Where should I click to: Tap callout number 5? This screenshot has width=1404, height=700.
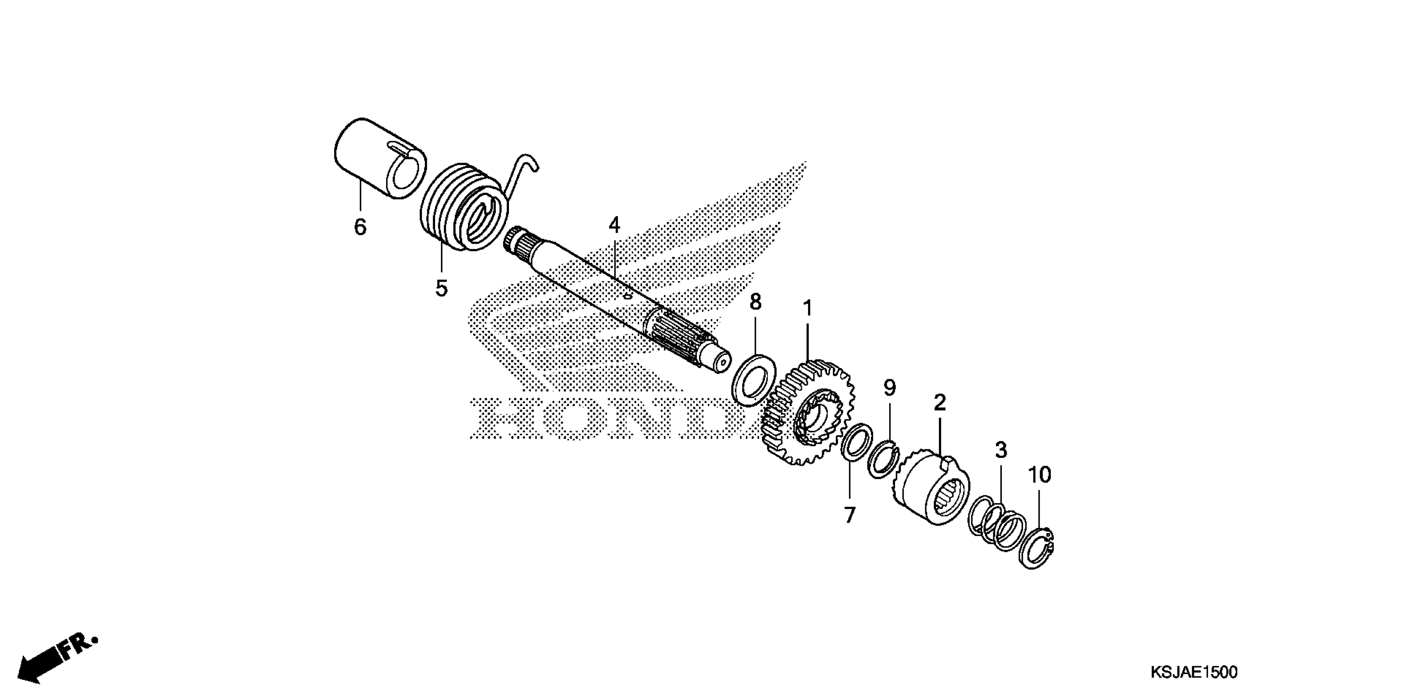[441, 288]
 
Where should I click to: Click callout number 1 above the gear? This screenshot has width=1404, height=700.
[807, 308]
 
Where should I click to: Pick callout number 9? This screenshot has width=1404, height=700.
[889, 388]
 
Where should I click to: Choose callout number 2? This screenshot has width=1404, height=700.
[940, 403]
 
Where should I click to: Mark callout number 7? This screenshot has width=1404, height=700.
[849, 514]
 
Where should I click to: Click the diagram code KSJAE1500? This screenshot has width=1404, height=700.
[1193, 672]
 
